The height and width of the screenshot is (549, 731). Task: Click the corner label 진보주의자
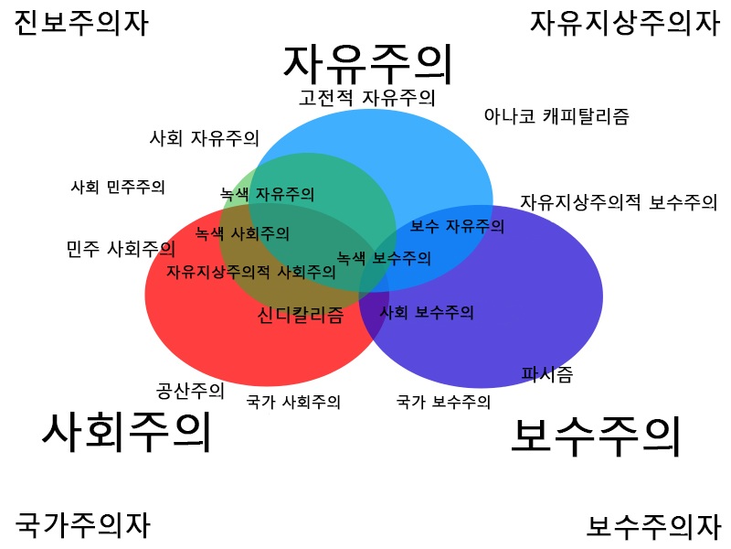point(80,22)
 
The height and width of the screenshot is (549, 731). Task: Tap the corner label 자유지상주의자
point(625,22)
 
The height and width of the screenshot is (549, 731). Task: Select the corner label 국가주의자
point(82,525)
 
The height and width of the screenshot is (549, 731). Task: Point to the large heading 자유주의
point(368,62)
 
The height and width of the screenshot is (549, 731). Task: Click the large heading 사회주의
point(126,432)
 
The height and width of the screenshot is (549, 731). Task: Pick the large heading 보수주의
point(595,436)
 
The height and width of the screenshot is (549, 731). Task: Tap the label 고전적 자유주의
point(366,97)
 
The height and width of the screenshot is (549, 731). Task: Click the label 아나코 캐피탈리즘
point(556,116)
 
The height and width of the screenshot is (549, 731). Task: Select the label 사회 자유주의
point(205,139)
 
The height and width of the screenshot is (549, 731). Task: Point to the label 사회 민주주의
point(118,187)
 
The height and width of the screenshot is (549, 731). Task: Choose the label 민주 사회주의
point(121,248)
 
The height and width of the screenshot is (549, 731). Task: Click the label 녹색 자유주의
point(268,194)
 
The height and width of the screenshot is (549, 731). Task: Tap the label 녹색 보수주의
point(384,258)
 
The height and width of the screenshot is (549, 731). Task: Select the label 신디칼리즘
point(301,316)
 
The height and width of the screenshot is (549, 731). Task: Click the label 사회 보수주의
point(427,313)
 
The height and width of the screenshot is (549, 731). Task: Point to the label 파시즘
point(547,373)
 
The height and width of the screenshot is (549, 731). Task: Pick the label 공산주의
point(190,391)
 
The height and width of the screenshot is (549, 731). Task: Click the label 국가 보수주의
point(444,401)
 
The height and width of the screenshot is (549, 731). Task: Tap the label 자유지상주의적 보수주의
point(619,202)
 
